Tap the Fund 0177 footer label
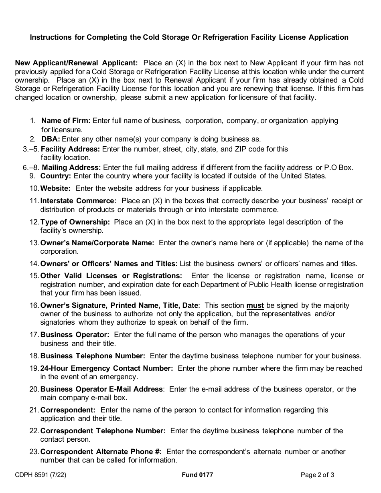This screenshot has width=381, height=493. [x=197, y=475]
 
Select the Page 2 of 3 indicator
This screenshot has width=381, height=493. [x=318, y=475]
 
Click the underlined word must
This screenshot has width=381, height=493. [x=255, y=305]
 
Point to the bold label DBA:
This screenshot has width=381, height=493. [x=51, y=139]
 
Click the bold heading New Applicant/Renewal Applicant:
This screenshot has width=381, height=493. [x=76, y=63]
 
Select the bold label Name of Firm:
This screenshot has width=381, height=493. [x=66, y=121]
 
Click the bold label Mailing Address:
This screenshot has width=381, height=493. [x=71, y=168]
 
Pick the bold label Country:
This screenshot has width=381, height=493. [x=56, y=176]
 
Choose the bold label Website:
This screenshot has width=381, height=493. [x=55, y=188]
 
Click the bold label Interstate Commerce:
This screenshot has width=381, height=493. [x=78, y=201]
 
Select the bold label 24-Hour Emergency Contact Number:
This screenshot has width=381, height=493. [x=107, y=368]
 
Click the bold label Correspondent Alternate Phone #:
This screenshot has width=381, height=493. [x=101, y=452]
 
